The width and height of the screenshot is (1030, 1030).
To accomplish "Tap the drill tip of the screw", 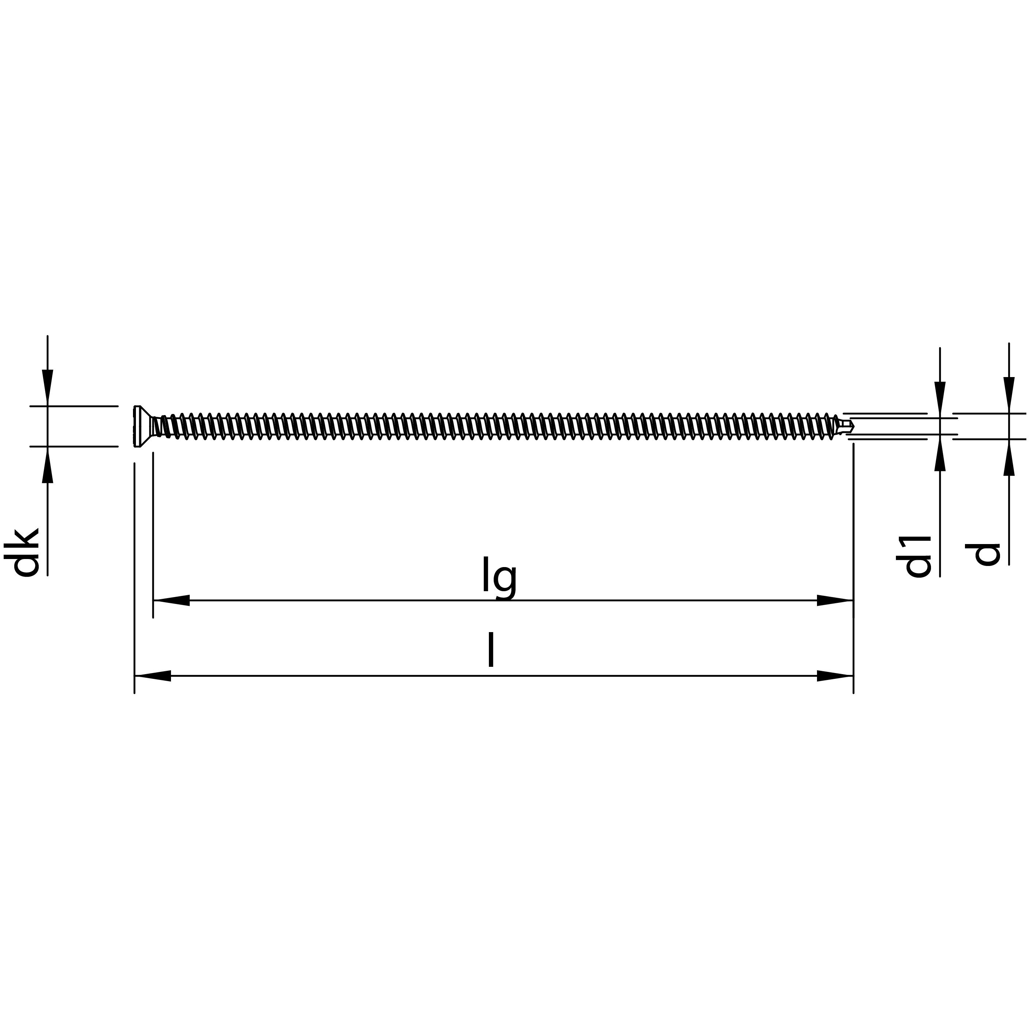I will pyautogui.click(x=848, y=426).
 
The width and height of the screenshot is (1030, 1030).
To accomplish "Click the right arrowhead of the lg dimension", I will pyautogui.click(x=835, y=600).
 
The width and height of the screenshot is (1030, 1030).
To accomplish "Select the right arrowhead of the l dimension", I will pyautogui.click(x=835, y=676).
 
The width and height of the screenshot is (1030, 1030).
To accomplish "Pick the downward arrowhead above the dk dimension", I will pyautogui.click(x=47, y=387).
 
